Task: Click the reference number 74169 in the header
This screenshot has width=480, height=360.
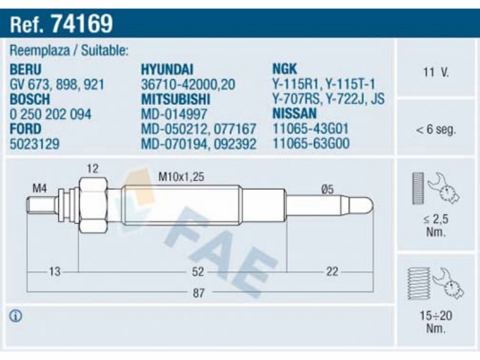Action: point(82,23)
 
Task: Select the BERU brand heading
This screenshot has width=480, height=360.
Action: point(25,70)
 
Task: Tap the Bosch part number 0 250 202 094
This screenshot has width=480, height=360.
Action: point(50,114)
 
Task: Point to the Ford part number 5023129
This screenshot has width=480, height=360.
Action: point(35,143)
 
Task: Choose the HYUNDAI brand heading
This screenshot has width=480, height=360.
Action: point(167,70)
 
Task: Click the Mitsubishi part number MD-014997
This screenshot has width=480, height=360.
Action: point(174,114)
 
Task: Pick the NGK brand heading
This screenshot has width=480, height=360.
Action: point(284,69)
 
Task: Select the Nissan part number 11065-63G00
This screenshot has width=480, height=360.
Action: point(311,143)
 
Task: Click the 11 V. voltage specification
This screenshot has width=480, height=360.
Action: point(436,72)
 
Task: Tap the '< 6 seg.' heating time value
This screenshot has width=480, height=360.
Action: point(436,130)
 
